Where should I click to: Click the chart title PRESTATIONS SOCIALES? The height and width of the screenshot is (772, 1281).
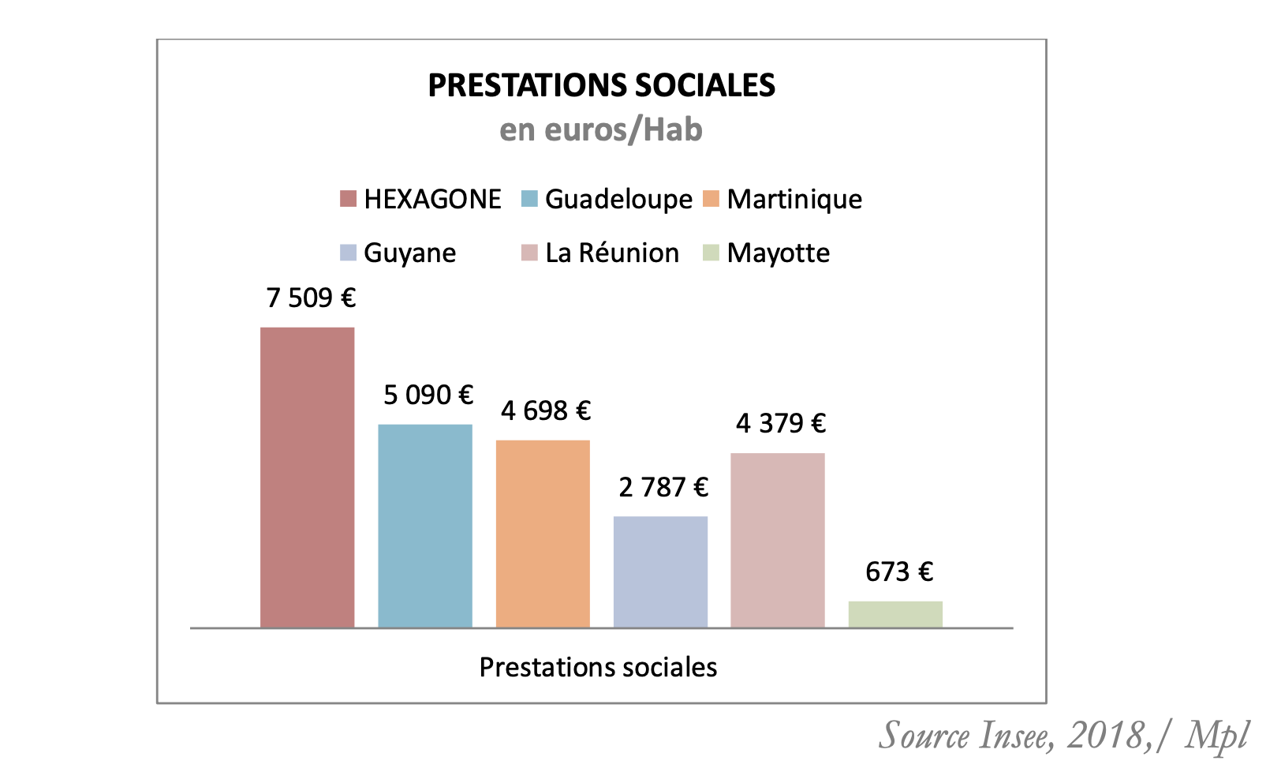pyautogui.click(x=601, y=85)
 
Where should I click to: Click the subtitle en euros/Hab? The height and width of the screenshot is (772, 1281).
pyautogui.click(x=601, y=129)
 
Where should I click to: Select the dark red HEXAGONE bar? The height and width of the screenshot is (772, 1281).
pyautogui.click(x=307, y=478)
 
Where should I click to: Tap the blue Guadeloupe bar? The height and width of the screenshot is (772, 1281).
pyautogui.click(x=425, y=526)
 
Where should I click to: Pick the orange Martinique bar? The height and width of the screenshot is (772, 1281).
pyautogui.click(x=543, y=534)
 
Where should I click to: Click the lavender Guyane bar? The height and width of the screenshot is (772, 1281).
pyautogui.click(x=660, y=572)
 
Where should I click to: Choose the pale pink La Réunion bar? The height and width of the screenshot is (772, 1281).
pyautogui.click(x=778, y=540)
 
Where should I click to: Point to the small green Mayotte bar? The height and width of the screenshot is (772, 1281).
pyautogui.click(x=895, y=614)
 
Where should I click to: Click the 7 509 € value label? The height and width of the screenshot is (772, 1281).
pyautogui.click(x=311, y=298)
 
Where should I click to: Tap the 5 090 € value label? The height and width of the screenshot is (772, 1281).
pyautogui.click(x=428, y=395)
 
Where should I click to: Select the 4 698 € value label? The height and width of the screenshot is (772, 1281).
pyautogui.click(x=546, y=410)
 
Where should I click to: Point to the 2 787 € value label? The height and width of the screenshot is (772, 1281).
pyautogui.click(x=663, y=487)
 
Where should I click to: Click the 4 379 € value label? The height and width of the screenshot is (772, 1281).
pyautogui.click(x=781, y=423)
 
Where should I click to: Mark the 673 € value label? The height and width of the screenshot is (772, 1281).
pyautogui.click(x=899, y=572)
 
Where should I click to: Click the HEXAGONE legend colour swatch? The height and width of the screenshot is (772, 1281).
pyautogui.click(x=348, y=199)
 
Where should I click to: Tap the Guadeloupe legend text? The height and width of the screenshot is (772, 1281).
pyautogui.click(x=618, y=199)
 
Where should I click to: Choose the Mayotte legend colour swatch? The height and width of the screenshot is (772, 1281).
pyautogui.click(x=711, y=253)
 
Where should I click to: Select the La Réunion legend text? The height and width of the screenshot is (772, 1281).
pyautogui.click(x=612, y=253)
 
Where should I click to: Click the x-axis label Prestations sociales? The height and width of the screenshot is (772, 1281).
pyautogui.click(x=598, y=667)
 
